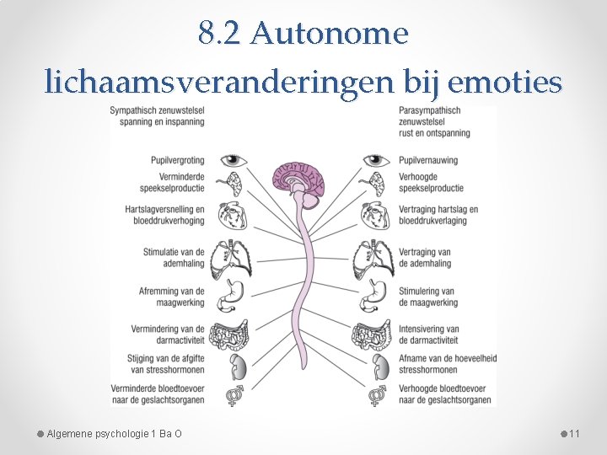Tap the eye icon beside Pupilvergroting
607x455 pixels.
[x=229, y=159]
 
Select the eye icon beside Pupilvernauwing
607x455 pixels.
[x=375, y=159]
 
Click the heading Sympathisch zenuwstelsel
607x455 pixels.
[x=158, y=115]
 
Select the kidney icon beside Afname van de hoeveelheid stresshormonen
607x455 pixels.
[x=375, y=365]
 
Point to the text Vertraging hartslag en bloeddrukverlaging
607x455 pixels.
[x=438, y=215]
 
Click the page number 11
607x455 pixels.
[x=574, y=434]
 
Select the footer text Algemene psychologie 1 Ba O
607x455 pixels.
[x=114, y=434]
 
